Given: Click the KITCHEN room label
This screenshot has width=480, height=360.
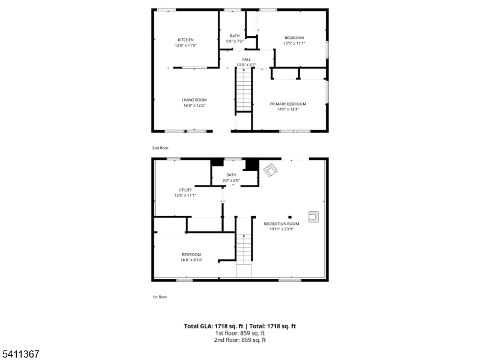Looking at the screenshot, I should (x=185, y=40).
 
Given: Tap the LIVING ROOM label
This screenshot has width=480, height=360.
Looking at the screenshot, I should (x=194, y=100).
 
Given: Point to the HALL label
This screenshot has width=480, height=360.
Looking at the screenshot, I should (x=246, y=59).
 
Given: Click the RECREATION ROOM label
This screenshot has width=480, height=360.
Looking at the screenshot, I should (x=281, y=224).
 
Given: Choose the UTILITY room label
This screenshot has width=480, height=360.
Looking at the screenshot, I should (x=185, y=190).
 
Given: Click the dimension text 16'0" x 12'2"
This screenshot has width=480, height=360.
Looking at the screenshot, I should (x=194, y=106).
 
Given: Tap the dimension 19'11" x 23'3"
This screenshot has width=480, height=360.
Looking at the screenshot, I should (x=281, y=229).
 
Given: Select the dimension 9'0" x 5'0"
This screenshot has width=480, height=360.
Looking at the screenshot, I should (x=231, y=180).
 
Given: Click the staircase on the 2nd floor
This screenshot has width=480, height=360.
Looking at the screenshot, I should (x=244, y=90).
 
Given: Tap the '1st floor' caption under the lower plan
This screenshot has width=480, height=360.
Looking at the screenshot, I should (x=159, y=296).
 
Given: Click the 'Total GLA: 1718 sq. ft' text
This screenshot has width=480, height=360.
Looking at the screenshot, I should (x=214, y=326).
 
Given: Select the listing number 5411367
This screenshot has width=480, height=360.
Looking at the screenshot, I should (x=20, y=354).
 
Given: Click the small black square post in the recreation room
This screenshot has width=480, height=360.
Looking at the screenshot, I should (x=290, y=217).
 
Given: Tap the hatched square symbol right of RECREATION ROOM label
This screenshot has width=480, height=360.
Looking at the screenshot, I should (x=313, y=217).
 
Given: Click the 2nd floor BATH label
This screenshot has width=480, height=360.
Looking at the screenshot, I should (x=234, y=35).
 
